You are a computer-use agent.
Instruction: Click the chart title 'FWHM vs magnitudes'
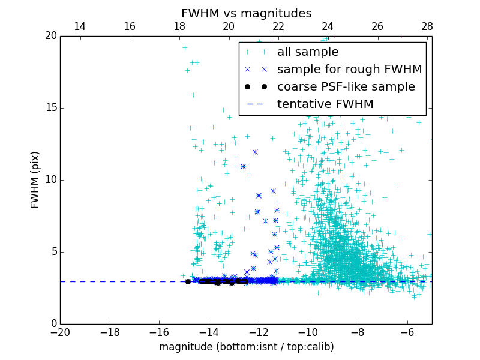(246, 13)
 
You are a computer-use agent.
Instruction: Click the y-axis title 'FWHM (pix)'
(35, 179)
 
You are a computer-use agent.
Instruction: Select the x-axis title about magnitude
(246, 347)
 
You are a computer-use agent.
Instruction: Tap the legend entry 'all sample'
(307, 52)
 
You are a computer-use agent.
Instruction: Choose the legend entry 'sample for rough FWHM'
(349, 70)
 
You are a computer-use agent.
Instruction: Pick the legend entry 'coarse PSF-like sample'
(346, 87)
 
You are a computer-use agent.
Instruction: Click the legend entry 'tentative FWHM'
(325, 104)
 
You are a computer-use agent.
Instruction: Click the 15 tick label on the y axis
(50, 108)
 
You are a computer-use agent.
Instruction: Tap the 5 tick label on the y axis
(53, 252)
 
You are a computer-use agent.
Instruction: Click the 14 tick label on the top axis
(80, 26)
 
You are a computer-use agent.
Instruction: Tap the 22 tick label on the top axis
(278, 26)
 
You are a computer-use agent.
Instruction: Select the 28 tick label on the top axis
(427, 26)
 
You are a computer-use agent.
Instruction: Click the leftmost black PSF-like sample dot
(188, 281)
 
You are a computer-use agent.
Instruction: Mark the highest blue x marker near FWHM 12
(255, 152)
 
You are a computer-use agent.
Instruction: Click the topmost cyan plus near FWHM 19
(185, 47)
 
